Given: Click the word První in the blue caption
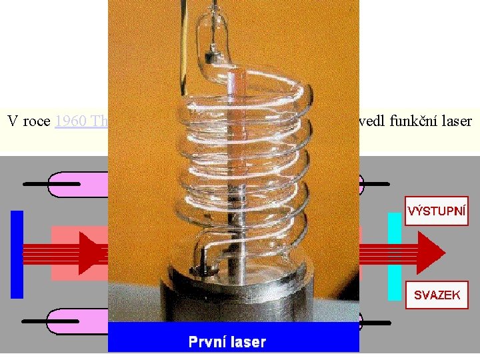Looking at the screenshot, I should pyautogui.click(x=207, y=342).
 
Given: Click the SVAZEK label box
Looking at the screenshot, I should pyautogui.click(x=437, y=295).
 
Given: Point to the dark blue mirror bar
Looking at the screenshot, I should pyautogui.click(x=17, y=254).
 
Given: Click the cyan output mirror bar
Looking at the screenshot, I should pyautogui.click(x=395, y=255).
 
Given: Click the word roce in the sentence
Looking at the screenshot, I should pyautogui.click(x=36, y=121).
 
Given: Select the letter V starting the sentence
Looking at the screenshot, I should pyautogui.click(x=13, y=121).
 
